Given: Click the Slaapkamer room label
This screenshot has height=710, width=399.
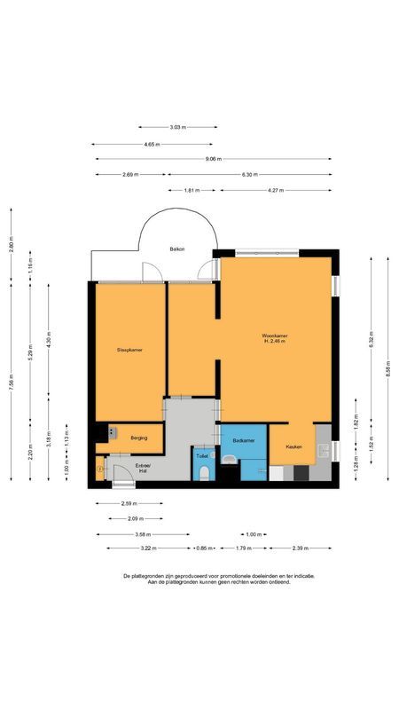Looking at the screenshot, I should click(129, 350).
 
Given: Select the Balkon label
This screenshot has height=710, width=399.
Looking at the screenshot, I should click(177, 250).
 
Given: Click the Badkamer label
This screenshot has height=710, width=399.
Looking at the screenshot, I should click(244, 440).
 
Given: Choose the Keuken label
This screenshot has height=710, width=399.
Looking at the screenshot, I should click(294, 446).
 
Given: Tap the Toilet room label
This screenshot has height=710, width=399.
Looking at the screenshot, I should click(203, 457).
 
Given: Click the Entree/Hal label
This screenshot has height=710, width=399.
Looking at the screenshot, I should click(143, 468).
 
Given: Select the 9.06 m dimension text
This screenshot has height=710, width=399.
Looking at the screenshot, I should click(214, 159).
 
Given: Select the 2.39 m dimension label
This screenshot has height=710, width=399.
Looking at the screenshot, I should click(301, 548).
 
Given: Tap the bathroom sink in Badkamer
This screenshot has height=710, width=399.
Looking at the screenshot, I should click(230, 459).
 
